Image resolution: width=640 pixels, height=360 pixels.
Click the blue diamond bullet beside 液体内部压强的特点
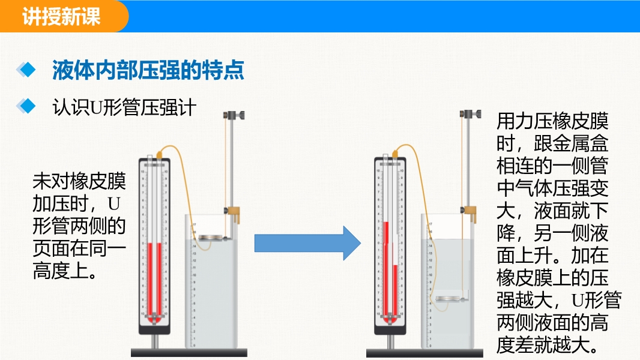(x=26, y=70)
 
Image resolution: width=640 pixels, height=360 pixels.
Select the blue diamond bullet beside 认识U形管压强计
(x=26, y=106)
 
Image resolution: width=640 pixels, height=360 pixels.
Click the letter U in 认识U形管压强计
(x=97, y=107)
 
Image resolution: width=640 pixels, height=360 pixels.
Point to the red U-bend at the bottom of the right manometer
(x=390, y=319)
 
